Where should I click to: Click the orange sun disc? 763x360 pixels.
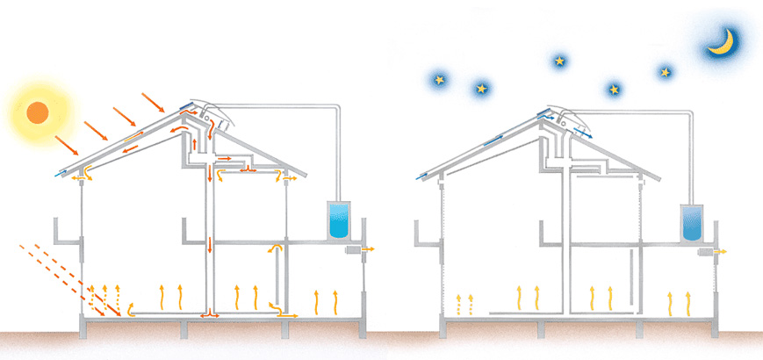(37, 112)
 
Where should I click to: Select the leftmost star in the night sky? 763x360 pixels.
(438, 80)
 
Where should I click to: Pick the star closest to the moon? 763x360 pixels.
(665, 71)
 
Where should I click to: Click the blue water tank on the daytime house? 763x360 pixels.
(337, 220)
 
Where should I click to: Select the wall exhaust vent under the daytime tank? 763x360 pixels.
(355, 250)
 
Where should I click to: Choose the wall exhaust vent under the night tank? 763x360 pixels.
(707, 252)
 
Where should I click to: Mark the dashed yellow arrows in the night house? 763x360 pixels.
(464, 305)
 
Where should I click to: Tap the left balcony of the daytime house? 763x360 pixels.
(66, 233)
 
